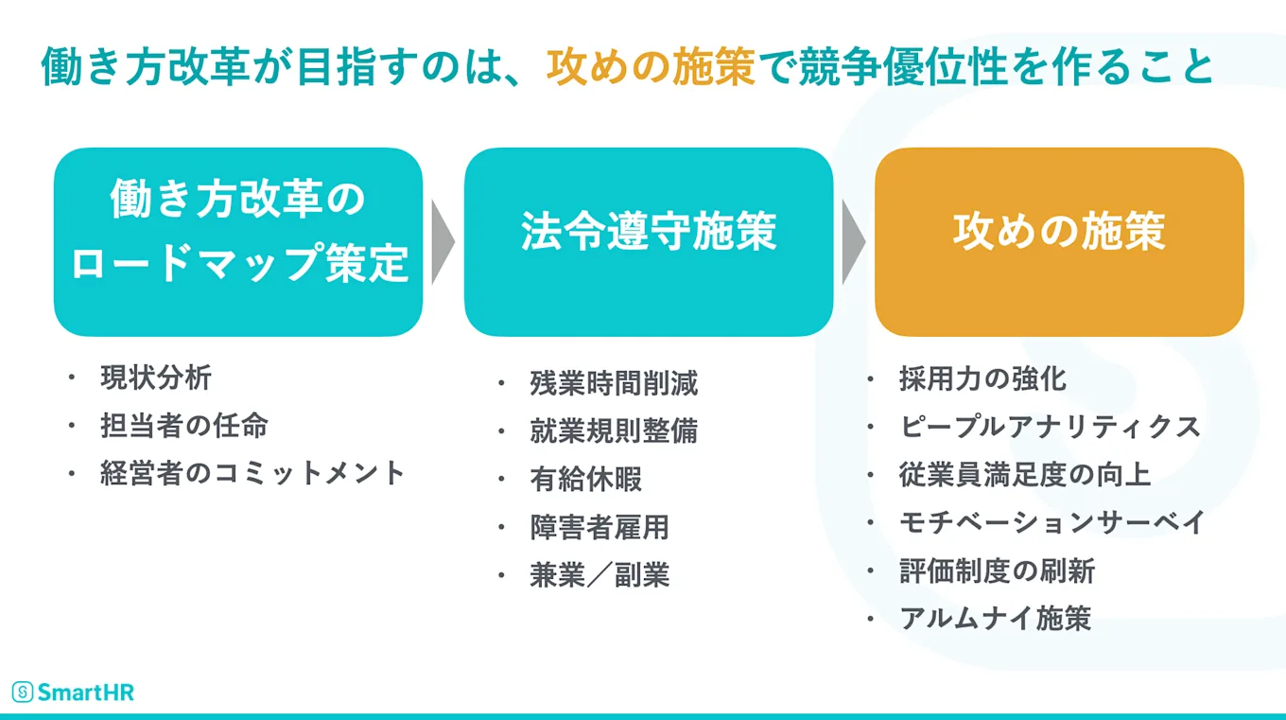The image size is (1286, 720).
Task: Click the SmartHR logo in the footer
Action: (x=73, y=692)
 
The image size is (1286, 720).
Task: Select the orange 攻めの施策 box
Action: (x=1058, y=241)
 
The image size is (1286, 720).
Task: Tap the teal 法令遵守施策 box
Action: (x=649, y=241)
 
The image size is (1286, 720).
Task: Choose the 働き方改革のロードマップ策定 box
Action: (x=238, y=241)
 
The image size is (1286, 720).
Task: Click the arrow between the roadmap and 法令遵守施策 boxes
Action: (x=443, y=241)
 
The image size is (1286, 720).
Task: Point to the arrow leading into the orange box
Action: (x=853, y=241)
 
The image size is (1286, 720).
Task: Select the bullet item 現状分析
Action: (x=156, y=378)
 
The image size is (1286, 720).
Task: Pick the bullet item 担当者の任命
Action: (x=183, y=425)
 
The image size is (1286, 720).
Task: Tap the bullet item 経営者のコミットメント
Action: (x=252, y=472)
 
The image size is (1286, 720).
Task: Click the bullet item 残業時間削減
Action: (x=614, y=383)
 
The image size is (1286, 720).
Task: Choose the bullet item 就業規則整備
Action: (x=614, y=430)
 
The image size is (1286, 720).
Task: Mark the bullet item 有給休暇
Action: (x=586, y=479)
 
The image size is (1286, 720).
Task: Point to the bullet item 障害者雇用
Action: (x=600, y=527)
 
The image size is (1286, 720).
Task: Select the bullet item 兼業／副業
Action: (x=600, y=575)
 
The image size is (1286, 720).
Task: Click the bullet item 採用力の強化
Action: (x=982, y=378)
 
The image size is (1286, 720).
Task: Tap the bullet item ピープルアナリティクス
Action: (x=1050, y=426)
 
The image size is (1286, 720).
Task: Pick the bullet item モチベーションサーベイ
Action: (x=1051, y=521)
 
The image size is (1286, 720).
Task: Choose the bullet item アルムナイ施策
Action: (x=996, y=618)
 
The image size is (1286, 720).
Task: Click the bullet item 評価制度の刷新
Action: (x=997, y=571)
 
